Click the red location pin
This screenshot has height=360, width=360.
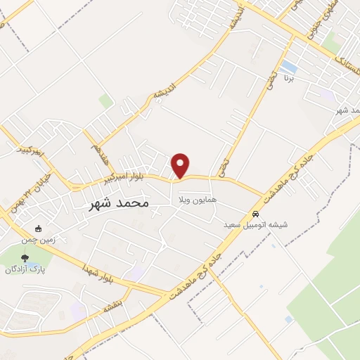pos(181,165)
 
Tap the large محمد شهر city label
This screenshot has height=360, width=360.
pos(117,204)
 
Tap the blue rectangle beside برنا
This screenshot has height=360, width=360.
pos(288,67)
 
